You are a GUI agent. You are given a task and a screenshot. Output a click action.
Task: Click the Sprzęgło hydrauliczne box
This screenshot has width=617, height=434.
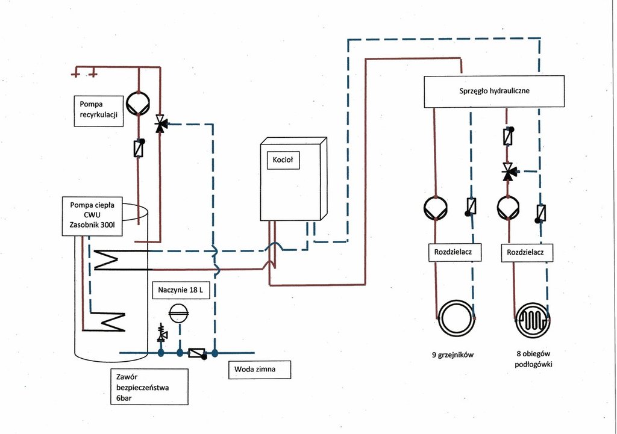click(493, 91)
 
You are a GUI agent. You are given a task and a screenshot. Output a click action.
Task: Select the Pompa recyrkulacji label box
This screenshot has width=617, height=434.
click(99, 110)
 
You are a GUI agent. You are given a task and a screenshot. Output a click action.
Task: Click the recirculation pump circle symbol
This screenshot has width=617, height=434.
click(139, 104)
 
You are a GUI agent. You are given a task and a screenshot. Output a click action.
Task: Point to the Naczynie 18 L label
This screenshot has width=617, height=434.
click(180, 291)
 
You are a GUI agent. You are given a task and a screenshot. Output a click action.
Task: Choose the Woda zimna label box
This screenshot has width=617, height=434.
click(259, 370)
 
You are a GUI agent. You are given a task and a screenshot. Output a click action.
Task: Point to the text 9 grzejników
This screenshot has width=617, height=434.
click(453, 355)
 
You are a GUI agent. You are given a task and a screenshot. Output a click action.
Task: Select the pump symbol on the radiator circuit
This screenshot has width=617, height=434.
click(436, 208)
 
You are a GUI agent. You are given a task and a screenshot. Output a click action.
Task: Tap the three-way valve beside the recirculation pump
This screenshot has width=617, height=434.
click(160, 125)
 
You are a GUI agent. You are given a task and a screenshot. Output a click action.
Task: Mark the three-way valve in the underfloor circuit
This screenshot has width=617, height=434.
click(508, 172)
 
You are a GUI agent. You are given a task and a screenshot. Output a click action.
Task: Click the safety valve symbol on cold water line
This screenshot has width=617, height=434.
click(161, 333)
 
